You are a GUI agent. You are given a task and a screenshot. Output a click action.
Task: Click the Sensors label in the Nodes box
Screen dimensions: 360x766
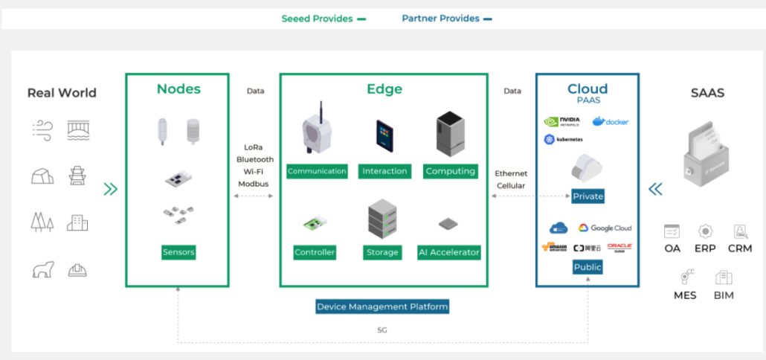[178, 252]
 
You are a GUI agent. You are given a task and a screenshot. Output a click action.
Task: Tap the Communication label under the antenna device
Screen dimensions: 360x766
[317, 171]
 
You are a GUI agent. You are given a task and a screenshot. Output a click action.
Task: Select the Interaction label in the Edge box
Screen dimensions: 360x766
[384, 171]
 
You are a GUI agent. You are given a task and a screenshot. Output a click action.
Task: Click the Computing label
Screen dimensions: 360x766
[450, 171]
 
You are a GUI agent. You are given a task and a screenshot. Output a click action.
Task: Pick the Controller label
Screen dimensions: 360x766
[315, 252]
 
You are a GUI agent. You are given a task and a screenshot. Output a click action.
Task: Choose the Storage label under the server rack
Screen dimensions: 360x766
[383, 252]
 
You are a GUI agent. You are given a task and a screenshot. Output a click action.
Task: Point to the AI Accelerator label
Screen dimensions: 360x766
[449, 252]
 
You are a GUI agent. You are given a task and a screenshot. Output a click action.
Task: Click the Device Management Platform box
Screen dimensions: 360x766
[382, 306]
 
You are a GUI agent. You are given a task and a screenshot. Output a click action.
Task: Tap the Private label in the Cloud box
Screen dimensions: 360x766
[588, 196]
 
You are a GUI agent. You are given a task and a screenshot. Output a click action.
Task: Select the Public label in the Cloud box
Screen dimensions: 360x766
[588, 266]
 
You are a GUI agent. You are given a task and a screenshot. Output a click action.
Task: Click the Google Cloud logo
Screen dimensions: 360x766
[605, 228]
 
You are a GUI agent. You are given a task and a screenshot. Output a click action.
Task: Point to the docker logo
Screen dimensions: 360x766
[611, 121]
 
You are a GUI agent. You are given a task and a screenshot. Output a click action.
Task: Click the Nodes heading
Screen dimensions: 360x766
[178, 89]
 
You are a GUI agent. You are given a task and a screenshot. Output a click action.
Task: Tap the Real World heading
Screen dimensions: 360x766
[62, 93]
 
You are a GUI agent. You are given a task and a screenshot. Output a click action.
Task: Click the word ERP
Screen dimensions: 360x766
[705, 248]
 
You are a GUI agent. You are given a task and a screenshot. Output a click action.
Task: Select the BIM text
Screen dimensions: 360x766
[723, 295]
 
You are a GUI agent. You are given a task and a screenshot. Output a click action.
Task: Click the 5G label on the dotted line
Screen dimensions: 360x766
[382, 330]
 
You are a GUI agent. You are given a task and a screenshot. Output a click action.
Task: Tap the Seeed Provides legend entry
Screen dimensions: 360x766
[323, 19]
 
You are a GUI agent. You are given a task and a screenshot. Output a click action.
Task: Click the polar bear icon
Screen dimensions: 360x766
[43, 269]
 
